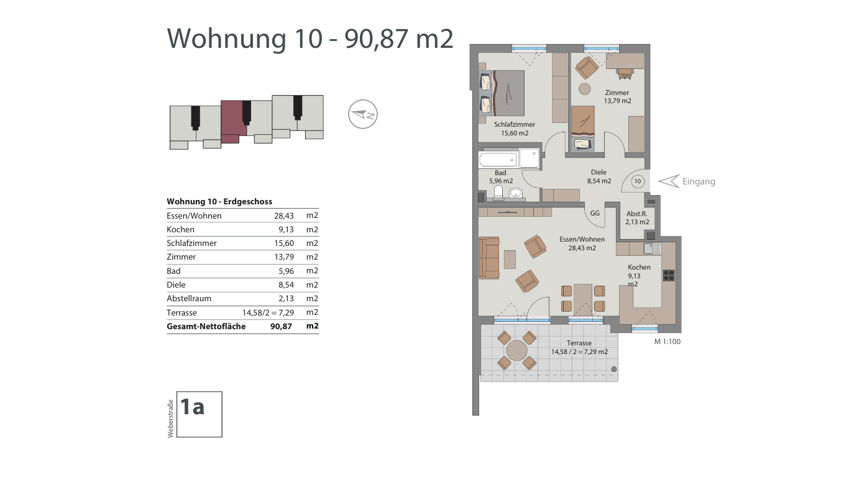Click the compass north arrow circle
point(363,114)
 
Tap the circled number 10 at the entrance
point(638,181)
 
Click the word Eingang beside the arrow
point(699,181)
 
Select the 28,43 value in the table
point(284,216)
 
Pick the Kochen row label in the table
point(180,229)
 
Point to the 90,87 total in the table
point(281,326)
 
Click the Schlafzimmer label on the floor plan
point(515,124)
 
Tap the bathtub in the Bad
point(498,160)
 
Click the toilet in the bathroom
point(498,192)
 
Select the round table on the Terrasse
point(516,350)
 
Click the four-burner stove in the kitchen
point(669,275)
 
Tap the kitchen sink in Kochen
point(652,248)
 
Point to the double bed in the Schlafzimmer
point(502,93)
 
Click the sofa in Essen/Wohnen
point(489,258)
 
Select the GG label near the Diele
point(595,213)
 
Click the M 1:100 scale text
point(668,342)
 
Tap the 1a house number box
point(200,414)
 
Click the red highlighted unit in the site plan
point(233,121)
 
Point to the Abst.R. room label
point(636,214)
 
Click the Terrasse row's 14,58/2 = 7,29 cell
point(268,312)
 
